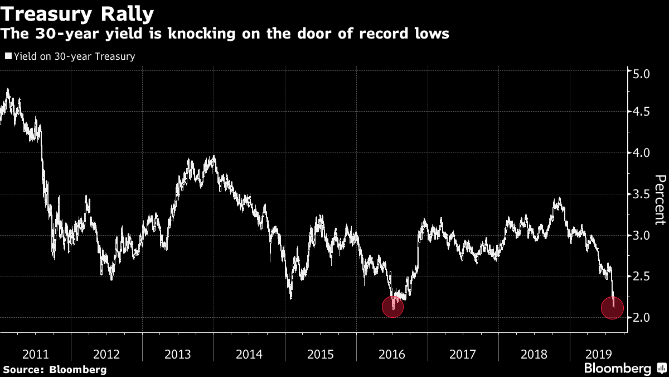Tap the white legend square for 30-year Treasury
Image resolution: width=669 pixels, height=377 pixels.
pos(7,56)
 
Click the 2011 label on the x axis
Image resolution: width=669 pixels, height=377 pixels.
pos(36,354)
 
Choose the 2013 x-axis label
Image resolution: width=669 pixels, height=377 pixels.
pos(178,354)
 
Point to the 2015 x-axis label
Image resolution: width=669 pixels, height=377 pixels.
pos(320,354)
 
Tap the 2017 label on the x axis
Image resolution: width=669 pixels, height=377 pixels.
pos(463,354)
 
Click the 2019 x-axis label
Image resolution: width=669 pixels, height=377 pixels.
pos(599,354)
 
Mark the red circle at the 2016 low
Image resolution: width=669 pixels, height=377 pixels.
pos(392,307)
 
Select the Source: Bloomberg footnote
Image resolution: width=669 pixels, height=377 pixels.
pos(55,369)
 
